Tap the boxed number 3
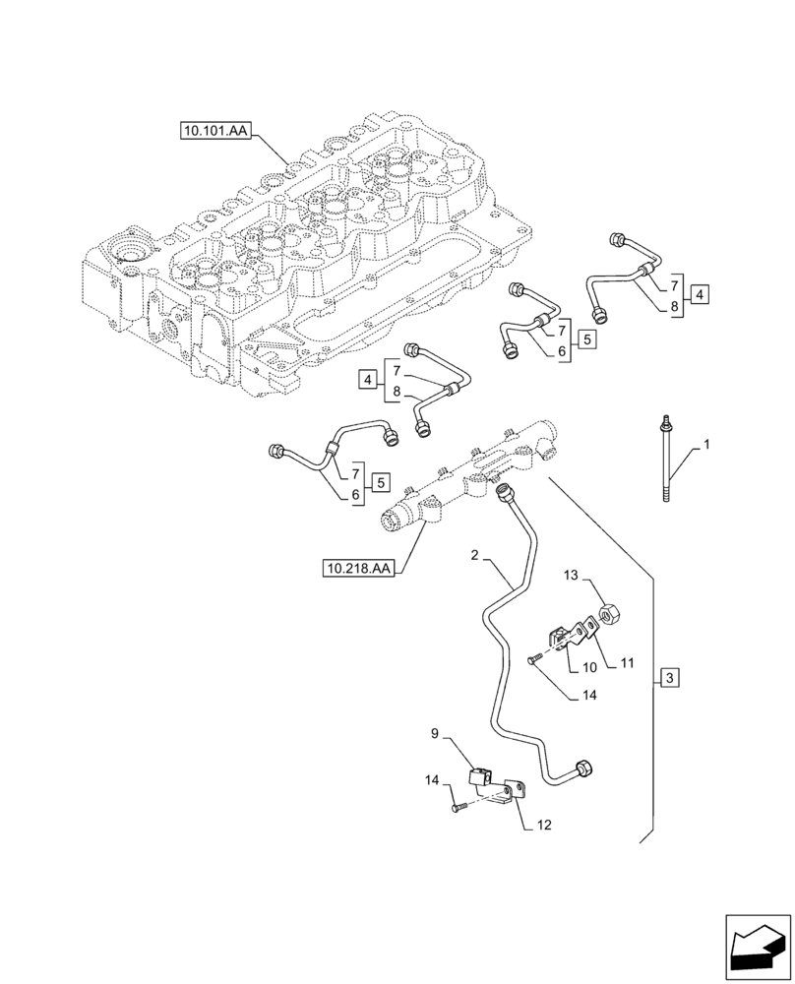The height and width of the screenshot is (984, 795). (x=669, y=678)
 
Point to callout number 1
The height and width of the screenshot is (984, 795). (x=704, y=446)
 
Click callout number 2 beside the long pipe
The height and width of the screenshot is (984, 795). (x=475, y=556)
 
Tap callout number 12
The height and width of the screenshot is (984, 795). (x=544, y=825)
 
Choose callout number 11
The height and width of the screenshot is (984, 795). (x=625, y=665)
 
